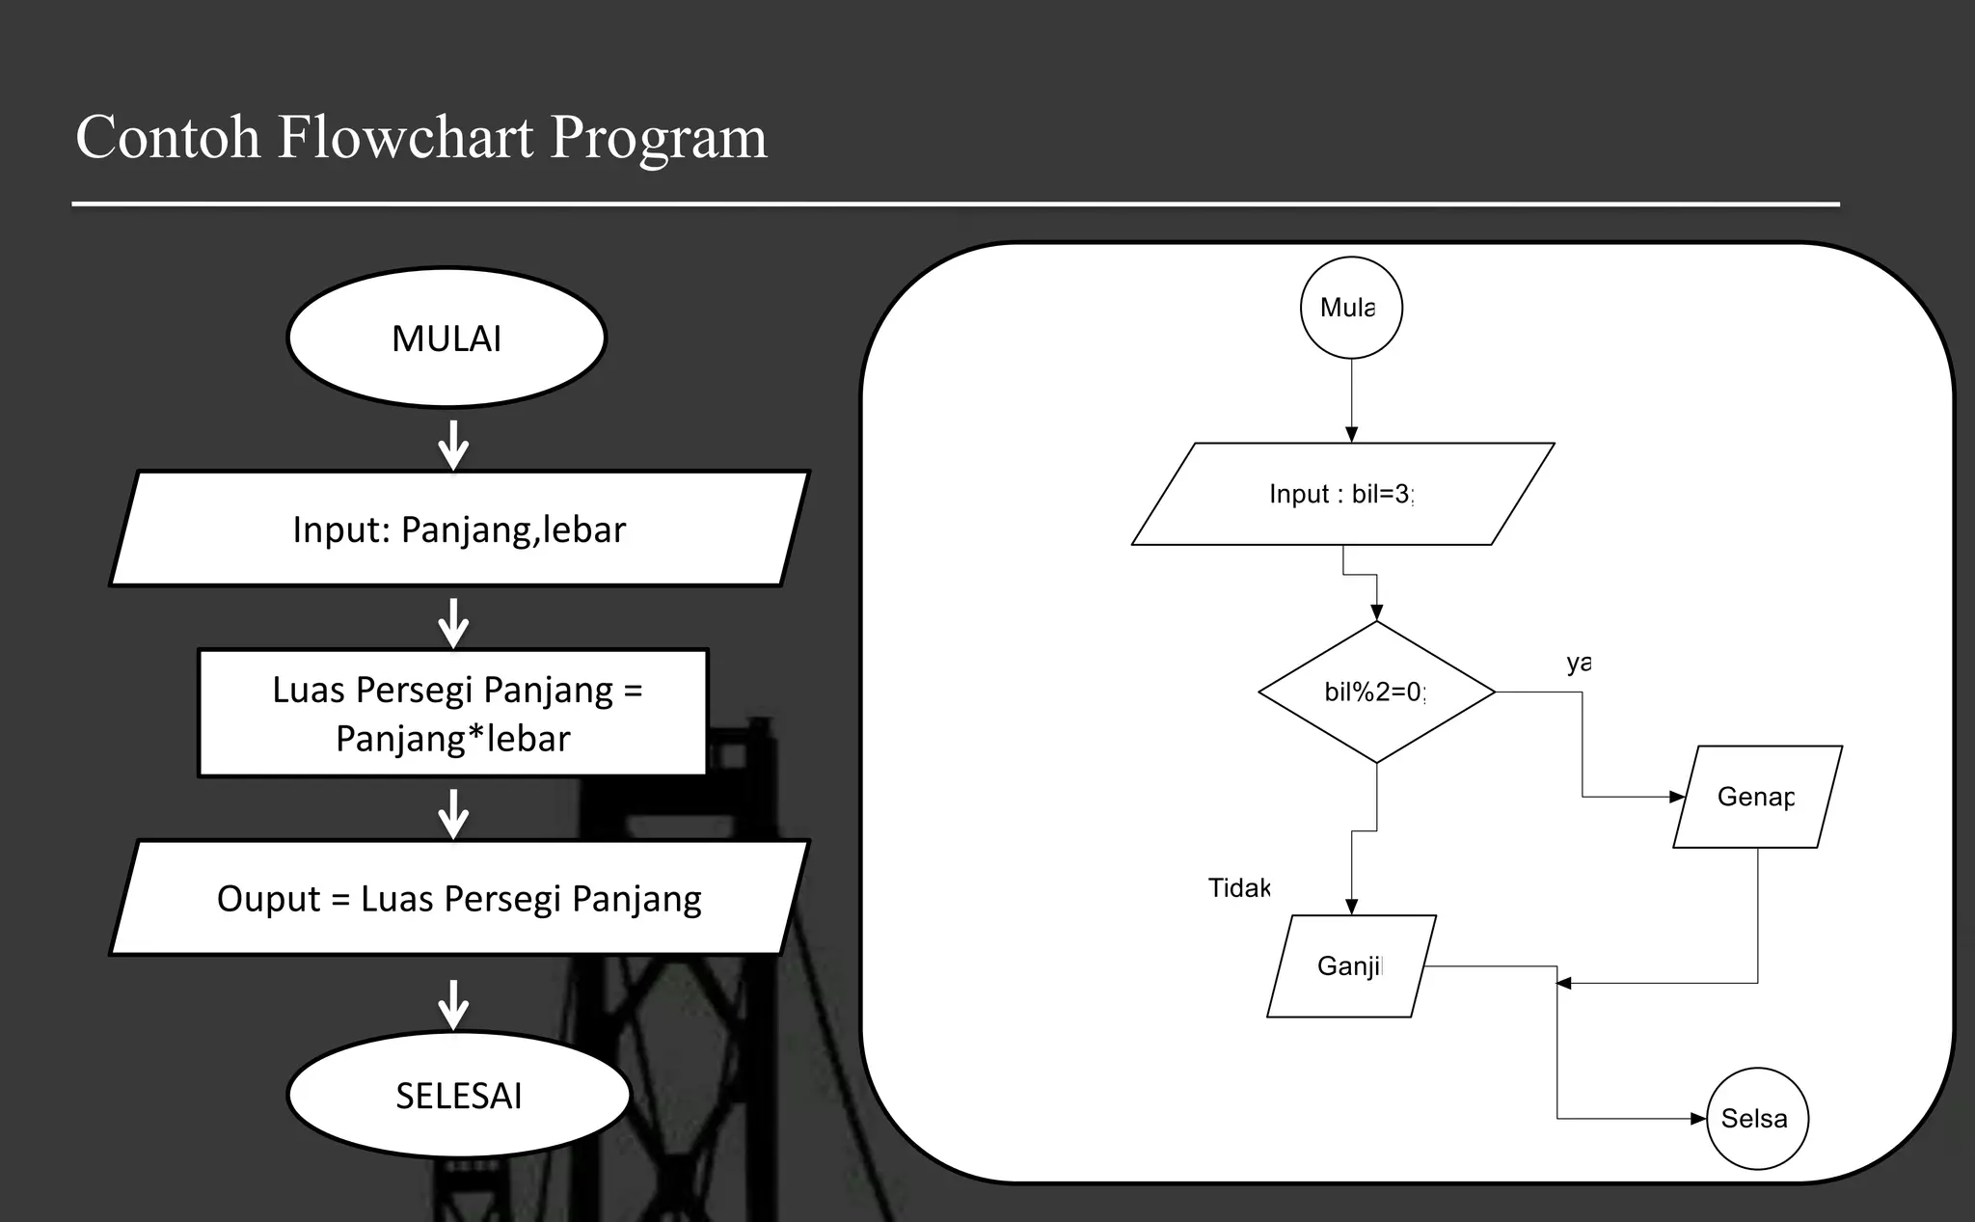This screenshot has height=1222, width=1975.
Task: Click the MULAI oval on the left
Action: (x=446, y=339)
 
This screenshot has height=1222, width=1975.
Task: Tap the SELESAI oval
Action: (x=458, y=1096)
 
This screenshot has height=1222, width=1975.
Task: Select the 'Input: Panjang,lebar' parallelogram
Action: (x=459, y=529)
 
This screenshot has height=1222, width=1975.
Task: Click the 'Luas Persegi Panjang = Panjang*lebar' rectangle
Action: (x=453, y=714)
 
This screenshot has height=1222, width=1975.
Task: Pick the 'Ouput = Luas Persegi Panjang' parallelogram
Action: (x=459, y=898)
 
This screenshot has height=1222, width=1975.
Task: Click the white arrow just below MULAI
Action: (x=453, y=446)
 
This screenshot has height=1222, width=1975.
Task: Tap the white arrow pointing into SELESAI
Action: (x=453, y=1005)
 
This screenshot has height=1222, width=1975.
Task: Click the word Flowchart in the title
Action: (x=405, y=137)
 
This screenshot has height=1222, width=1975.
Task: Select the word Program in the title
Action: (x=659, y=137)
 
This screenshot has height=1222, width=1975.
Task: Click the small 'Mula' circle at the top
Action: (x=1351, y=308)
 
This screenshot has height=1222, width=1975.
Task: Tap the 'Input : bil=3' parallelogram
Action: (x=1342, y=494)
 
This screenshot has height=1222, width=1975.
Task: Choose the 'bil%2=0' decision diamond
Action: (x=1376, y=692)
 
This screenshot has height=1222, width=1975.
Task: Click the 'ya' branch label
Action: (x=1578, y=663)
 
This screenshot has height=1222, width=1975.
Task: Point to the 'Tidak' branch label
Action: (x=1239, y=887)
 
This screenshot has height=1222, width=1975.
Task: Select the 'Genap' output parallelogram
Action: (x=1757, y=797)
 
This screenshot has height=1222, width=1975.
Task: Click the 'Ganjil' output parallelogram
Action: (x=1350, y=965)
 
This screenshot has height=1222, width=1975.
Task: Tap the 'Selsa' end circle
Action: (x=1756, y=1118)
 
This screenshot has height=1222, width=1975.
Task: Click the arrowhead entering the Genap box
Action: (x=1677, y=797)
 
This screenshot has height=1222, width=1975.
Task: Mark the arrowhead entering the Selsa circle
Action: (x=1698, y=1119)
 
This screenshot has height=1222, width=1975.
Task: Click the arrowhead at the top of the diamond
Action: (x=1376, y=612)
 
